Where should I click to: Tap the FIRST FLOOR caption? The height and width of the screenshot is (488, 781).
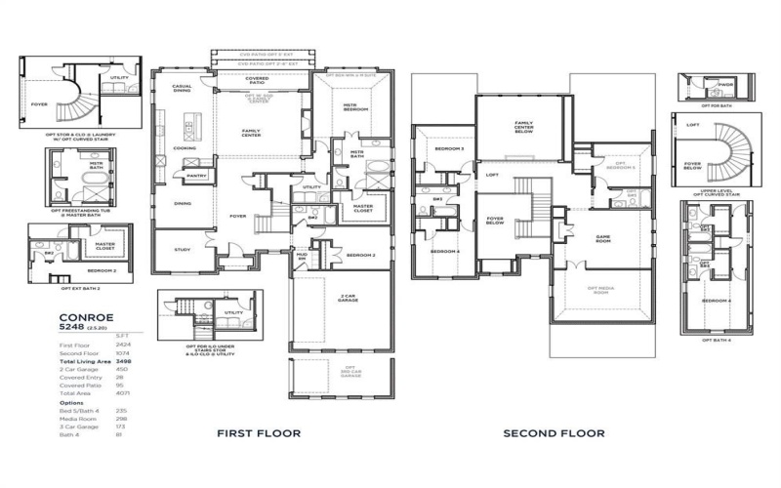click(x=258, y=432)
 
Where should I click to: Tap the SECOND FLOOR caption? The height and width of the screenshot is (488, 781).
click(x=555, y=432)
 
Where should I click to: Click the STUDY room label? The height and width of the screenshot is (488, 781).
click(x=182, y=248)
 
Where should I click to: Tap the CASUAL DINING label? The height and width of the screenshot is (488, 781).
click(x=183, y=87)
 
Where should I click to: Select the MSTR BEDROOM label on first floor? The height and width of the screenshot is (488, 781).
click(x=353, y=107)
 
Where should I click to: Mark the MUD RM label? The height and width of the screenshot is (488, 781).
click(x=302, y=256)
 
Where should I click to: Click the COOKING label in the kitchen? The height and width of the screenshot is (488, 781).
click(x=185, y=148)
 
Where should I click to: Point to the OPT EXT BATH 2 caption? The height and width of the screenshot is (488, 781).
click(x=79, y=288)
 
